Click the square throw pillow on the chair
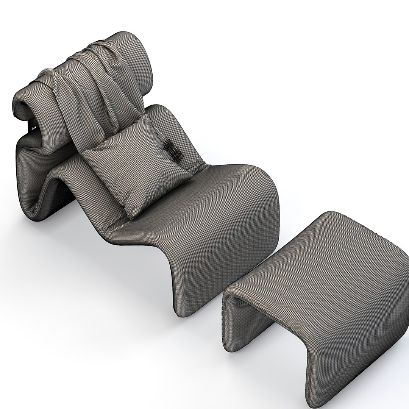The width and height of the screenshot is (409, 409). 136,163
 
